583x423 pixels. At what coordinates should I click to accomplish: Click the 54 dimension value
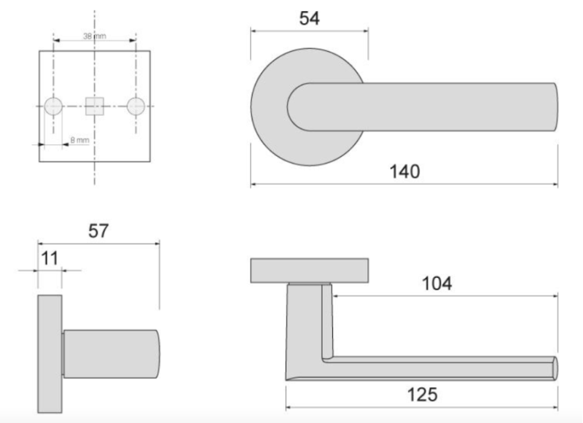(309, 18)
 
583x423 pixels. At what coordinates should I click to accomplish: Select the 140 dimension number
(404, 171)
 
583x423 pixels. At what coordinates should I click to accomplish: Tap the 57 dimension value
(98, 230)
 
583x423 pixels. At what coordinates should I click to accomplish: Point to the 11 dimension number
(50, 258)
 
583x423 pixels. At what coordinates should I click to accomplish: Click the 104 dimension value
(437, 284)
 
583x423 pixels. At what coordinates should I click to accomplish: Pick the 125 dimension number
(422, 395)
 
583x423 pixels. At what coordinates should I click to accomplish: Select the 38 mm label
(95, 36)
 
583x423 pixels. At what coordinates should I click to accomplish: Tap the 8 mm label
(80, 140)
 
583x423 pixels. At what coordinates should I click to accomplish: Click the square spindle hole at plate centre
(95, 106)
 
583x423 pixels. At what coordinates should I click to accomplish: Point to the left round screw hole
(53, 106)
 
